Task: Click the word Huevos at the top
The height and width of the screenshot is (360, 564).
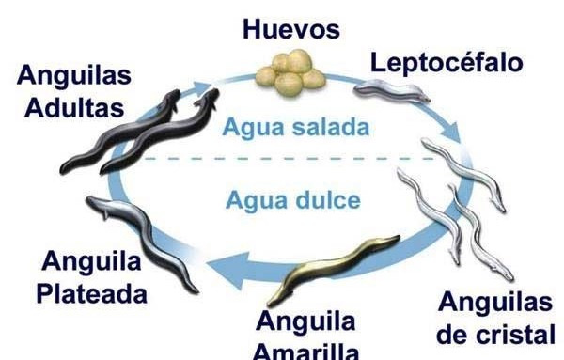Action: [290, 28]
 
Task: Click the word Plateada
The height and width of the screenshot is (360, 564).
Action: [91, 292]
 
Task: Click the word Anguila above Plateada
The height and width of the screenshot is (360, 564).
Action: [92, 260]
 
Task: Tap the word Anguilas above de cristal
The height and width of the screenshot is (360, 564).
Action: [495, 303]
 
